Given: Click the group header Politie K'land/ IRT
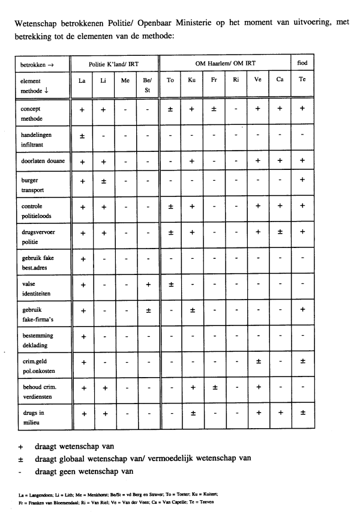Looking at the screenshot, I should click(115, 62).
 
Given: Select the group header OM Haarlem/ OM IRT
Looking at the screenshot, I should click(225, 62).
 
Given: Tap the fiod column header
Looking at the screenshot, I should click(302, 62).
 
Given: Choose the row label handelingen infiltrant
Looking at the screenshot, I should click(36, 140).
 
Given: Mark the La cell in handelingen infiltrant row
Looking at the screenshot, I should click(82, 136).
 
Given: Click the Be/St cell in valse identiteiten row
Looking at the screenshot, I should click(148, 284).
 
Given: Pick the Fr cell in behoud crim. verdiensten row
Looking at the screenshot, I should click(214, 387).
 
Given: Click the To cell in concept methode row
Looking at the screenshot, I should click(170, 109).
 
